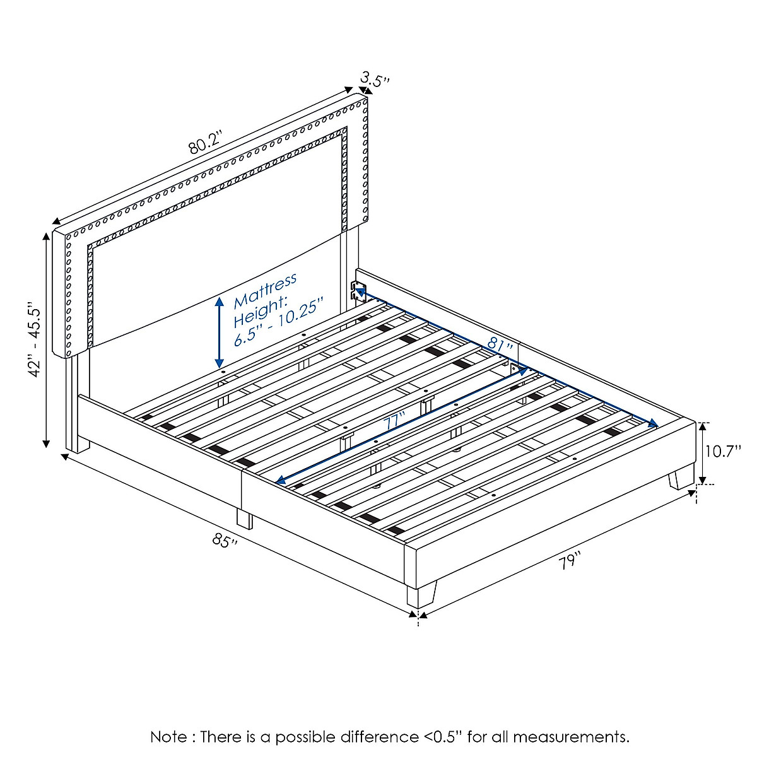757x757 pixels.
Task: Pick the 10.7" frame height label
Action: coord(723,452)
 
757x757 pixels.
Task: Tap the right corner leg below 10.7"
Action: coord(681,478)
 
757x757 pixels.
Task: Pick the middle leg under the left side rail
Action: coord(244,519)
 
